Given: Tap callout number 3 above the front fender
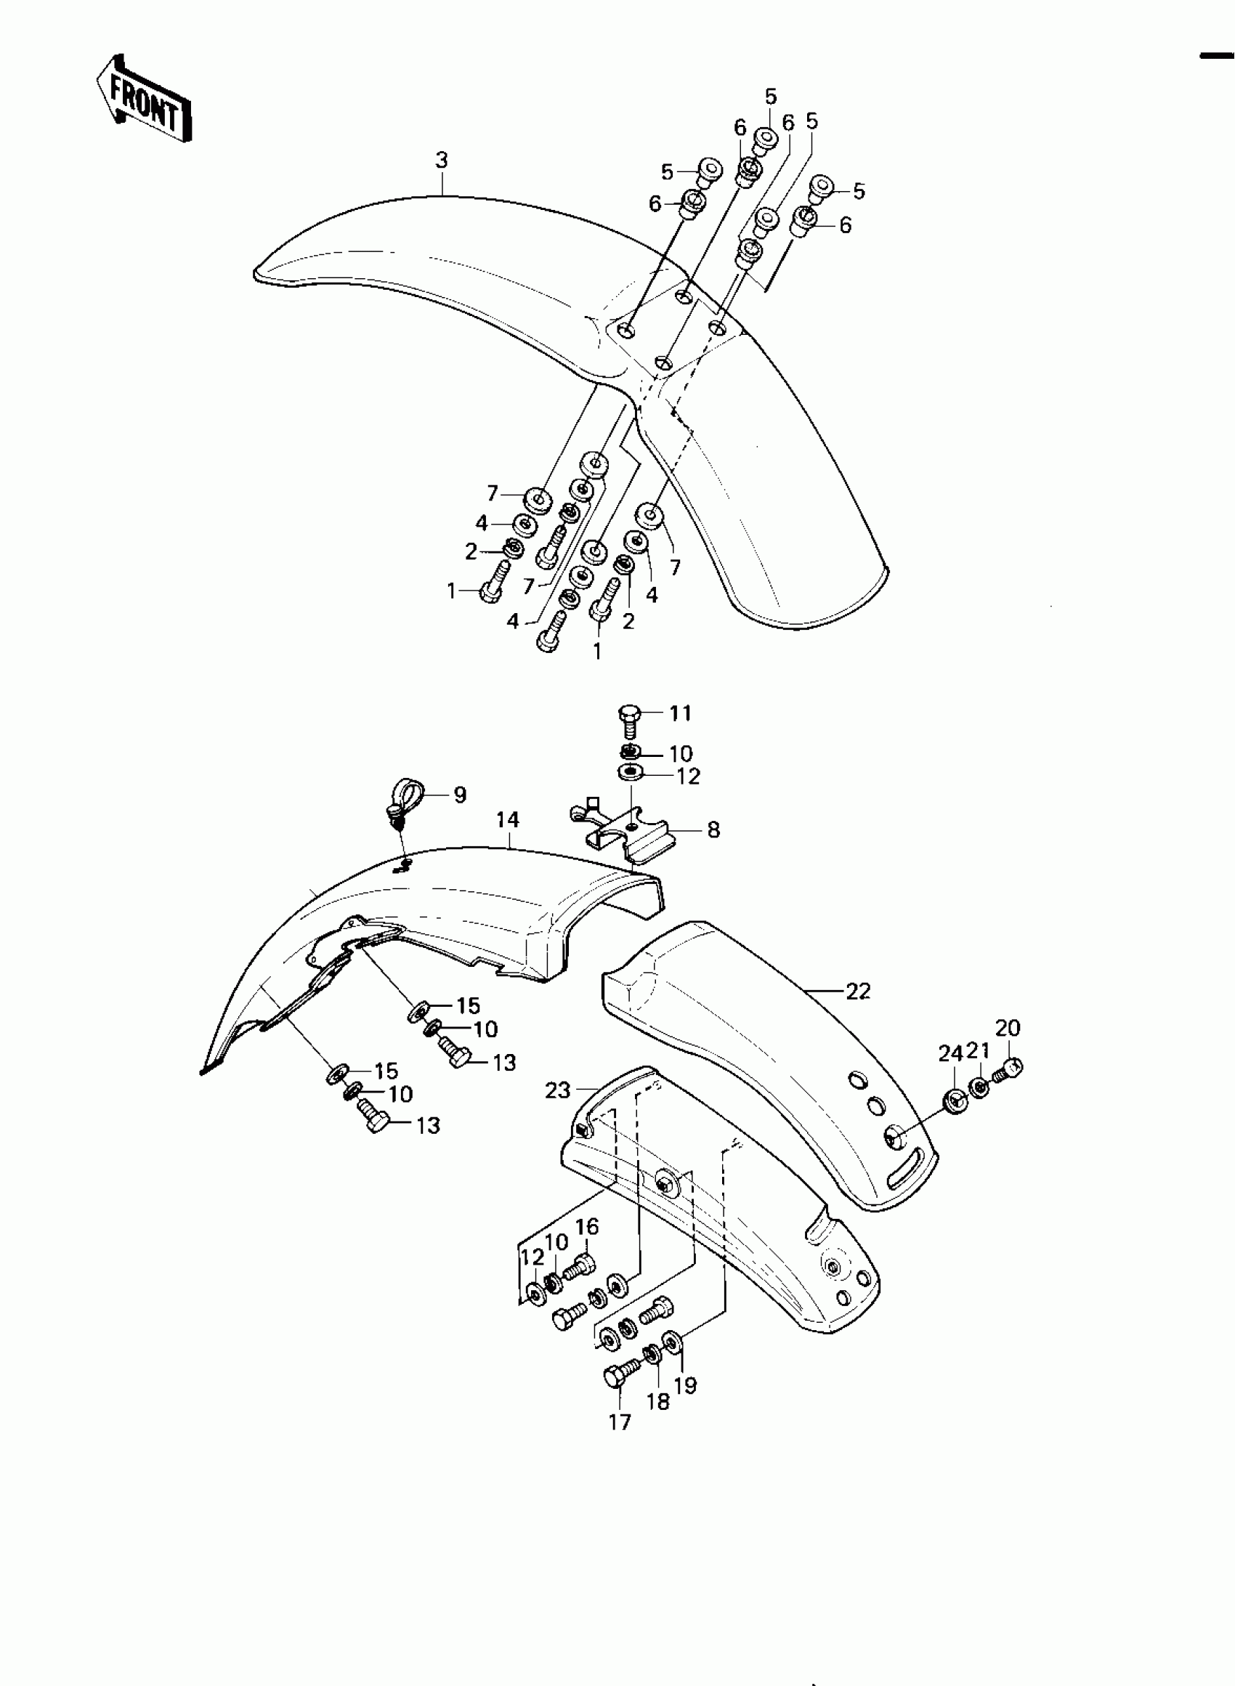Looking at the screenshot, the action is click(441, 160).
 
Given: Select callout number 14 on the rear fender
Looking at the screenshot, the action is click(507, 820).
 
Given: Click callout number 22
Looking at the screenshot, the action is click(858, 991).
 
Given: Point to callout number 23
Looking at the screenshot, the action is click(558, 1090).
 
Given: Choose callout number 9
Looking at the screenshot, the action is click(460, 795).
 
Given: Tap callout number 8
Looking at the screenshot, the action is click(713, 830).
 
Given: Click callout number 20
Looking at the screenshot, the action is click(1008, 1029).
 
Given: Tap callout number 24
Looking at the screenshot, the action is click(950, 1054).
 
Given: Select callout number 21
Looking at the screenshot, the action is click(979, 1051).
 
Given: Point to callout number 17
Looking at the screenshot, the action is click(620, 1422).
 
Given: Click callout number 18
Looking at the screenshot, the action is click(658, 1401).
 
